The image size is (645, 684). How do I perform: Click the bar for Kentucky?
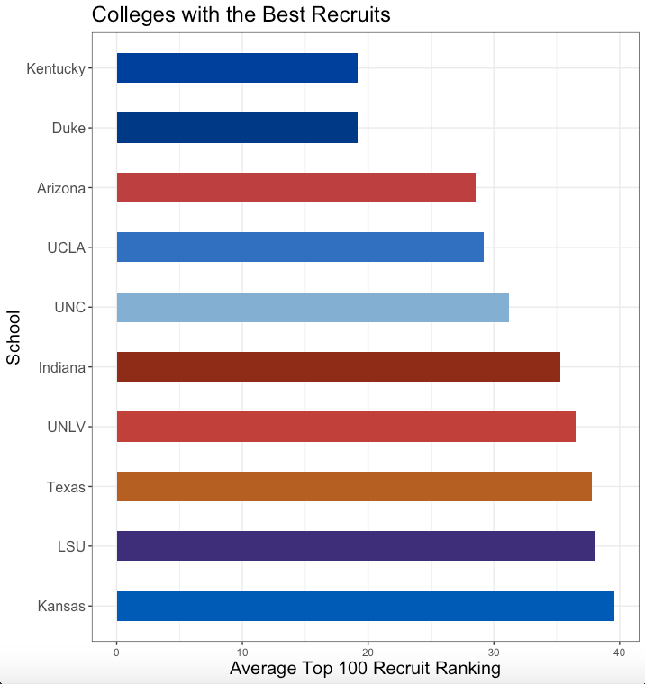pyautogui.click(x=237, y=68)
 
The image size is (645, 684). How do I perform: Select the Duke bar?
pyautogui.click(x=237, y=128)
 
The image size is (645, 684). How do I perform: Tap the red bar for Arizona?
pyautogui.click(x=295, y=187)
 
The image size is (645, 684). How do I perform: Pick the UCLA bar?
pyautogui.click(x=300, y=247)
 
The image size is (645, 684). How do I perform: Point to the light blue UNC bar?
pyautogui.click(x=313, y=307)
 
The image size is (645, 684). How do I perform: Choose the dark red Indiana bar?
pyautogui.click(x=339, y=366)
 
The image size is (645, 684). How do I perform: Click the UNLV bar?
pyautogui.click(x=346, y=427)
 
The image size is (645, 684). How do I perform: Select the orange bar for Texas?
pyautogui.click(x=354, y=486)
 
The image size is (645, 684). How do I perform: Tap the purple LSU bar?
pyautogui.click(x=356, y=545)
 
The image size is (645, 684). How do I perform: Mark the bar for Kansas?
pyautogui.click(x=366, y=606)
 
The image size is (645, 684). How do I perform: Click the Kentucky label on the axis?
pyautogui.click(x=56, y=68)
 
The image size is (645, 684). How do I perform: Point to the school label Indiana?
pyautogui.click(x=61, y=367)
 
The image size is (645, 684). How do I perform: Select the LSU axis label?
pyautogui.click(x=70, y=546)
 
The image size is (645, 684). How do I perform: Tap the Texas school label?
pyautogui.click(x=66, y=487)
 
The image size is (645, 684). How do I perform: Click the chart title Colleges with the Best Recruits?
pyautogui.click(x=241, y=15)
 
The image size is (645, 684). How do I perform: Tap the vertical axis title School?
pyautogui.click(x=14, y=337)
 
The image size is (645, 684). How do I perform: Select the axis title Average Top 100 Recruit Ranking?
pyautogui.click(x=365, y=669)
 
